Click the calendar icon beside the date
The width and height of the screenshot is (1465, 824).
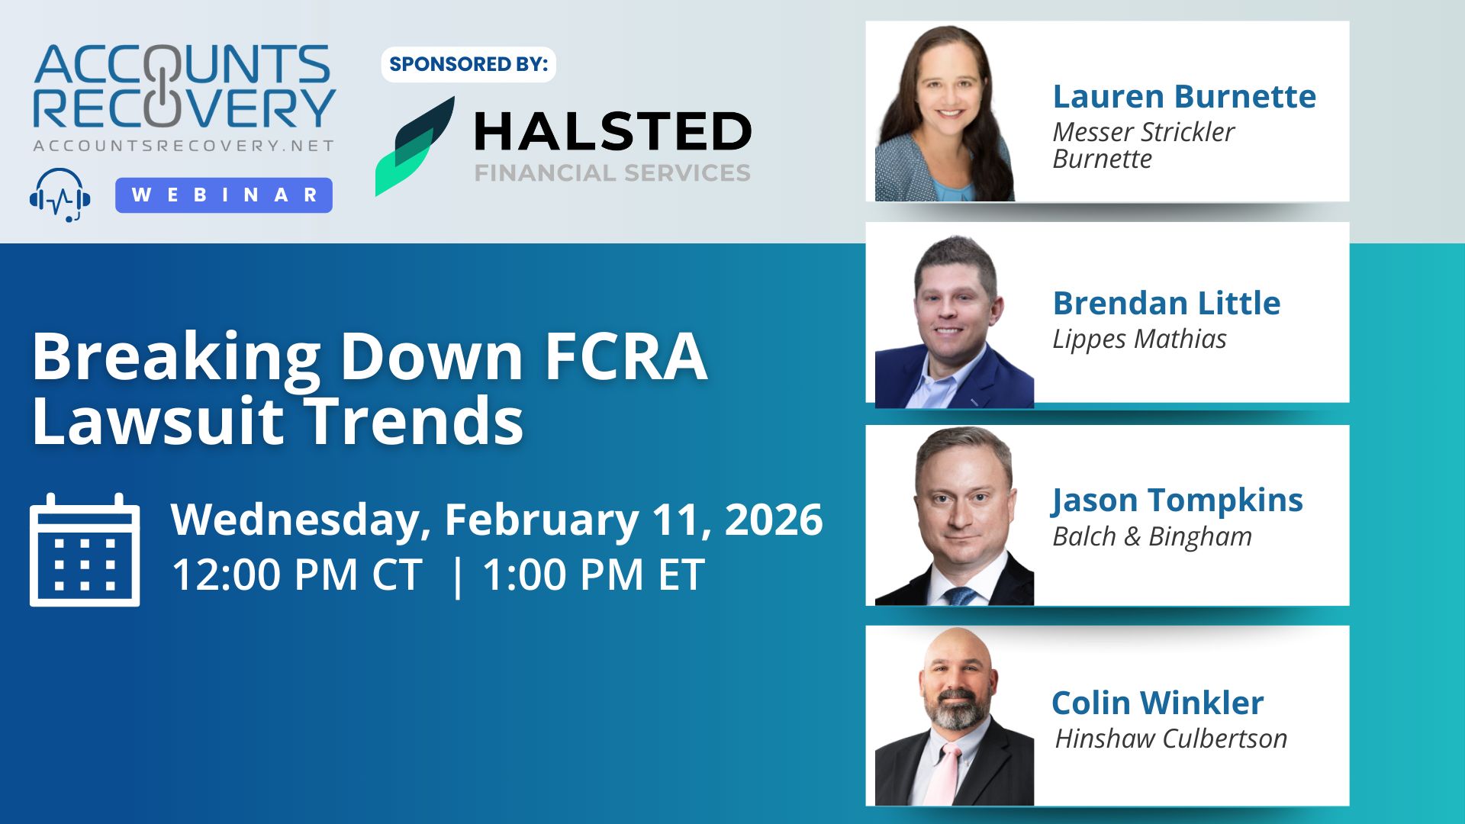point(85,550)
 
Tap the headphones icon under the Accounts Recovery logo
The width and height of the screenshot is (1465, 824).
point(60,195)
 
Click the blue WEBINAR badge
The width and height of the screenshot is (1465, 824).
point(224,195)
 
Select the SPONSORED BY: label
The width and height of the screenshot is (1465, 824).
point(468,64)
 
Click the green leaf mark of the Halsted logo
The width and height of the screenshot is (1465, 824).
point(414,146)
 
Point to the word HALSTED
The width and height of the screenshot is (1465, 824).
point(613,131)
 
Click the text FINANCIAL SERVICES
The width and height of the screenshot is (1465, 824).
point(613,173)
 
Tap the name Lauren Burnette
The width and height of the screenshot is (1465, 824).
point(1184,97)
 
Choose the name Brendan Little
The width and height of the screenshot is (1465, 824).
point(1167,303)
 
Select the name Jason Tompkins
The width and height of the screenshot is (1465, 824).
point(1177,501)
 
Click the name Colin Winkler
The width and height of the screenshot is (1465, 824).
point(1158,703)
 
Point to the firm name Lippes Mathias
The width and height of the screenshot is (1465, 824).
point(1139,339)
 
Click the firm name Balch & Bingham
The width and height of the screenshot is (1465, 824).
point(1152,536)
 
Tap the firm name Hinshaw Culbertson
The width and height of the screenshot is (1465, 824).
point(1171,739)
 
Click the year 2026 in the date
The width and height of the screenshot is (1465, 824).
point(774,520)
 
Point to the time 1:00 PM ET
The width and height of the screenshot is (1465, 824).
point(594,575)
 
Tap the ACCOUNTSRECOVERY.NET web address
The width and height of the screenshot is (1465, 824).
point(183,146)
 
